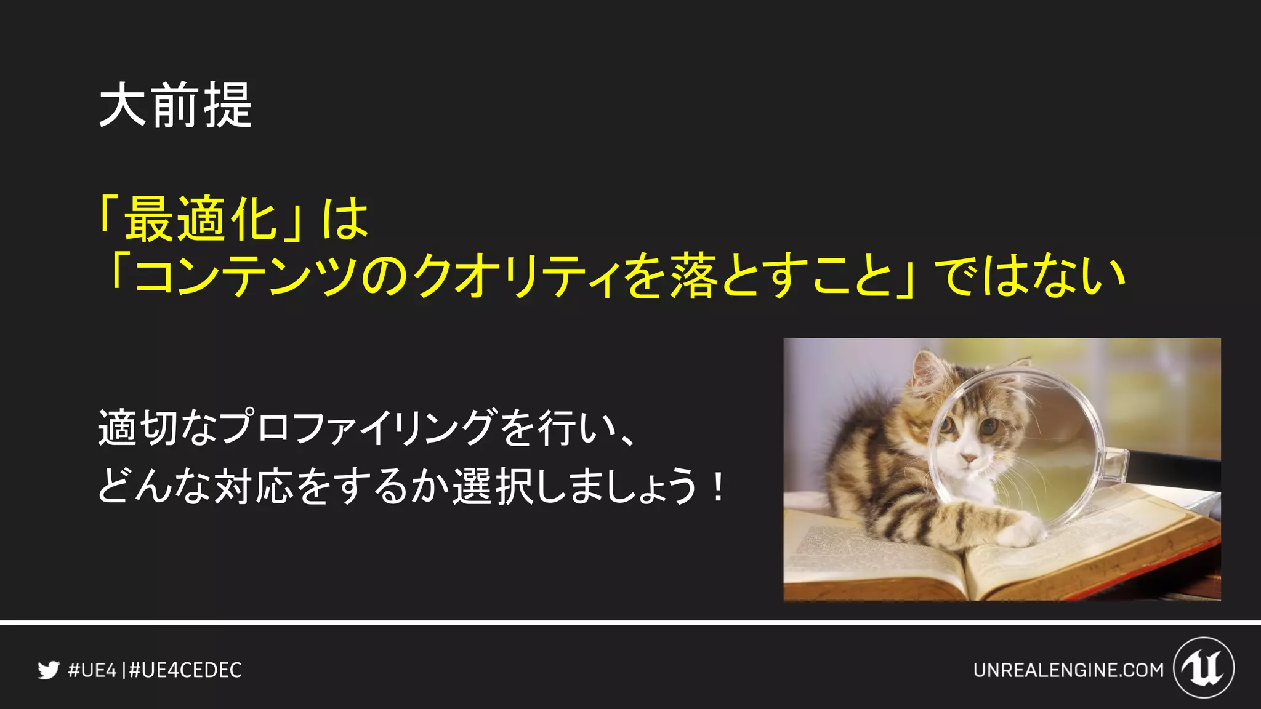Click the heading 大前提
175,105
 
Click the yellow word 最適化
201,219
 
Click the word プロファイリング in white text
357,427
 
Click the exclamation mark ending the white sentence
718,486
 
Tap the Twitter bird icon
48,670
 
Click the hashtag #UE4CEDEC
185,670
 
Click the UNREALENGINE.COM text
1068,670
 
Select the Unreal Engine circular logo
1204,668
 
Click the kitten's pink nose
969,459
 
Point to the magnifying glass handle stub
1116,465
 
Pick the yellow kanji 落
694,276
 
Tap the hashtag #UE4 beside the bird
92,670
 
